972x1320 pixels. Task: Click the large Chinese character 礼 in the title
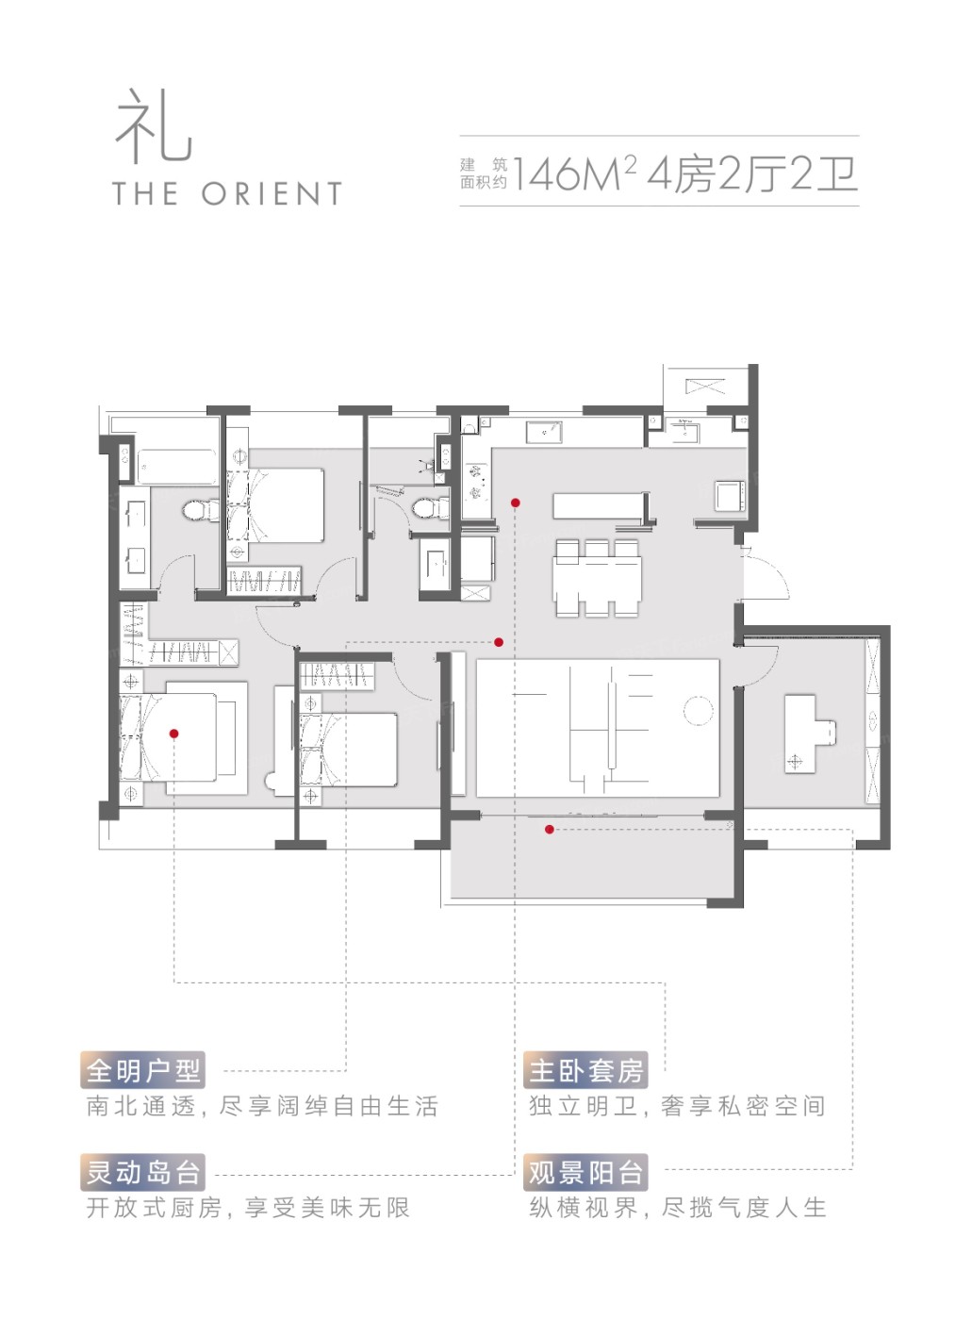(x=154, y=125)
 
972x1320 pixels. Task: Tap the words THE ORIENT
(x=227, y=194)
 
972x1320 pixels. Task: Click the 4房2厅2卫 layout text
(x=752, y=173)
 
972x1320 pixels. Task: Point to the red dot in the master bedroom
(x=173, y=734)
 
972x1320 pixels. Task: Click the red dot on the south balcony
(x=549, y=830)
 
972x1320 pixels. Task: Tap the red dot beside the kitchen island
(x=516, y=503)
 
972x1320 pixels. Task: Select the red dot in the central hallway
(x=499, y=642)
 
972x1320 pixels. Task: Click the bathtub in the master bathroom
(x=176, y=467)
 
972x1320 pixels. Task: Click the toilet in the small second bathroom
(x=430, y=507)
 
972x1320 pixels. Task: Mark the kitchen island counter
(x=597, y=505)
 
